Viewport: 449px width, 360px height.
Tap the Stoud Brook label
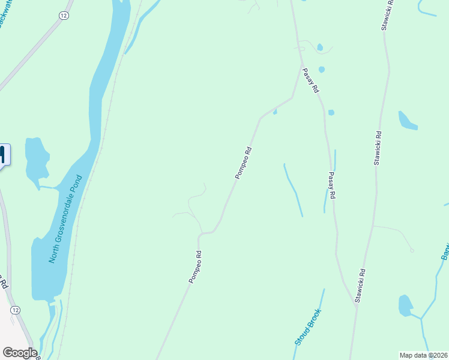point(308,327)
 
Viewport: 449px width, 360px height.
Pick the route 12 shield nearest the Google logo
point(14,310)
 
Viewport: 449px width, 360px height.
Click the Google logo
point(20,353)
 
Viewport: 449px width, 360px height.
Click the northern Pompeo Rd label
point(243,164)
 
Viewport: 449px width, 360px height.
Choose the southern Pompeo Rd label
point(195,267)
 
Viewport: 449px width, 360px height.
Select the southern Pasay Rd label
point(331,186)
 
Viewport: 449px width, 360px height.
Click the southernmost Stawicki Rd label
point(361,286)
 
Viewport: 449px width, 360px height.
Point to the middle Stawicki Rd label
point(378,148)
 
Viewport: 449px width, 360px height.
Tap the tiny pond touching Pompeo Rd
point(275,112)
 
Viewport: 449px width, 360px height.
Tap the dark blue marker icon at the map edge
point(2,155)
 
